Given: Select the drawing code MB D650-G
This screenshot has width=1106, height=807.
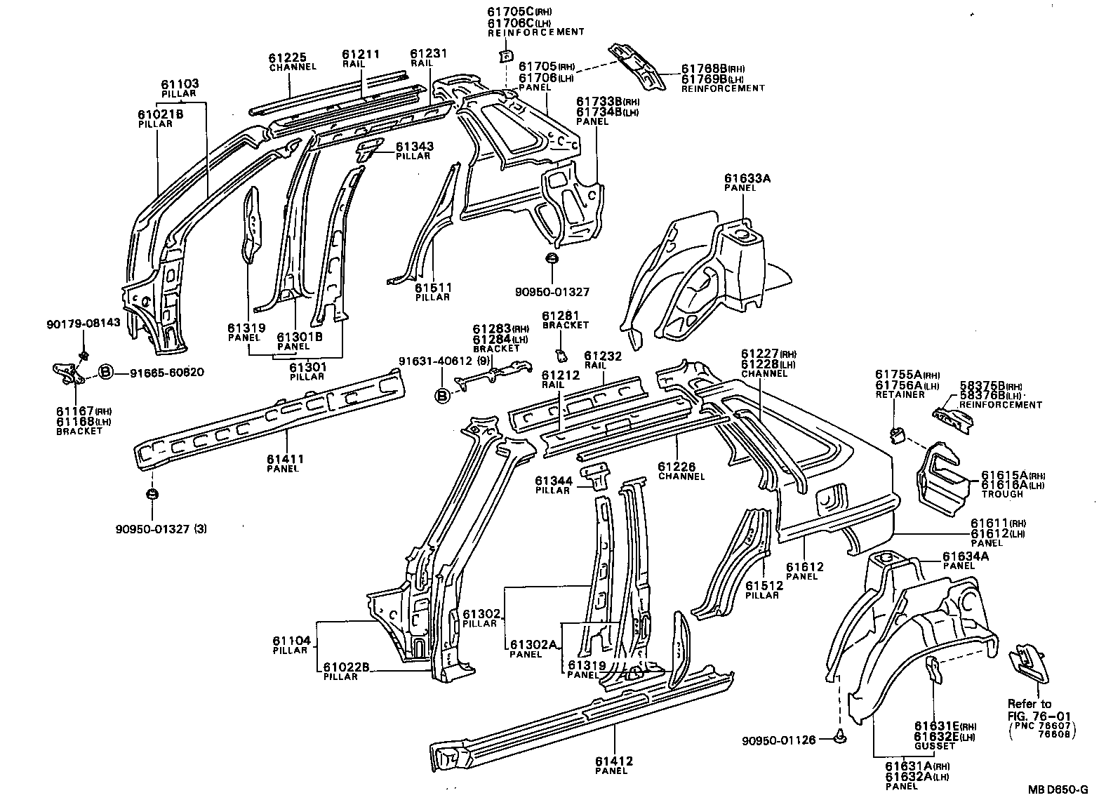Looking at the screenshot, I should [x=1058, y=789].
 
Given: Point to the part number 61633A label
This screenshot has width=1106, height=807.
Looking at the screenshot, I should [x=747, y=182].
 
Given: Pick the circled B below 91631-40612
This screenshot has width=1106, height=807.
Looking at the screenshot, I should [x=443, y=396].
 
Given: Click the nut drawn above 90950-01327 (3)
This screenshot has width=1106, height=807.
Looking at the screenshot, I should [x=152, y=495].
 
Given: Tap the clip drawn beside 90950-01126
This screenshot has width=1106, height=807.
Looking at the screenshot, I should [x=841, y=737].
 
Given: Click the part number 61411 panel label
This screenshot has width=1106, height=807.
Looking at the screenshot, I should [x=284, y=463].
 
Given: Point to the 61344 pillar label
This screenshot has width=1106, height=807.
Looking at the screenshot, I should [x=553, y=485].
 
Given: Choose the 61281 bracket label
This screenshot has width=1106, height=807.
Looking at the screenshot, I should [x=565, y=320].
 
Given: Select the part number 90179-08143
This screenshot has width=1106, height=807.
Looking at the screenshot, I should [x=84, y=323].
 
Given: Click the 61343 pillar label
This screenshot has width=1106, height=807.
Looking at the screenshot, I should [x=413, y=150].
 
